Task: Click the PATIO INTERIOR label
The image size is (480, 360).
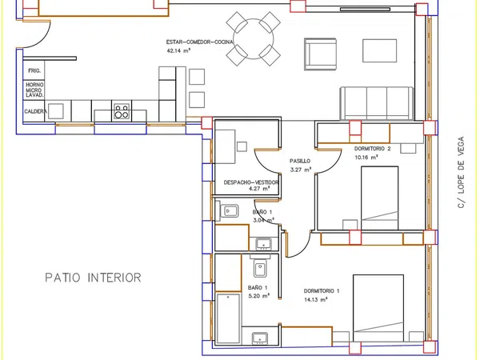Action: (x=93, y=278)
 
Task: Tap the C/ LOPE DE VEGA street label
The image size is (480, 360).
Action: (x=461, y=172)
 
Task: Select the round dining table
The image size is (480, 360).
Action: (x=253, y=39)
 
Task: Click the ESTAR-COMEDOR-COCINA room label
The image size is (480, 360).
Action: (x=199, y=42)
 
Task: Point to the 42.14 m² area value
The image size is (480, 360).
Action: (x=178, y=51)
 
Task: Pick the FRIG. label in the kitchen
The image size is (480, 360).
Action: (x=34, y=70)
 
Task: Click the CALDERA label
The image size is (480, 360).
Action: (x=35, y=111)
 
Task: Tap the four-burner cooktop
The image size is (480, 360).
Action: (x=122, y=111)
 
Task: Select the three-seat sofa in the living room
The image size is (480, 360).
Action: (x=377, y=103)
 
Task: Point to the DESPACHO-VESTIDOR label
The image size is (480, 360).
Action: (x=251, y=182)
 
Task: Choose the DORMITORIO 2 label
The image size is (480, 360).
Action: (x=373, y=149)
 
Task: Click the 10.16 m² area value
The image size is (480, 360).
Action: (x=366, y=158)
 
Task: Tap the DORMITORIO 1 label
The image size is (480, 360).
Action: (x=322, y=291)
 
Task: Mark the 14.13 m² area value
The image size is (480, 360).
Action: (x=316, y=300)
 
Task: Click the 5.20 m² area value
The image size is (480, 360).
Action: (x=258, y=296)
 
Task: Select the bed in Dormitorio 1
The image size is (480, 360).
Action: (x=378, y=308)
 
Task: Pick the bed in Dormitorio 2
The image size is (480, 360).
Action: (x=379, y=198)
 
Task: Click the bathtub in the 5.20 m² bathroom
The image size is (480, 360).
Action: (x=228, y=318)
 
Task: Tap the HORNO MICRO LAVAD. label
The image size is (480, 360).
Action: (x=34, y=90)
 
